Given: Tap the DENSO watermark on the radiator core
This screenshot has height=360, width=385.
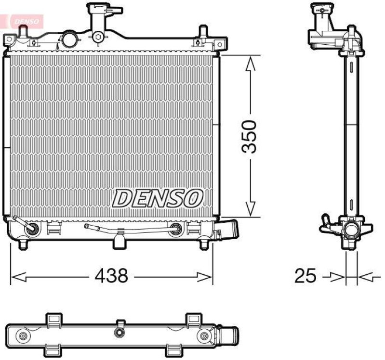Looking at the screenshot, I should pos(158,197).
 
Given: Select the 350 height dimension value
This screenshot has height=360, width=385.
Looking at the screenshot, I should pos(250,137).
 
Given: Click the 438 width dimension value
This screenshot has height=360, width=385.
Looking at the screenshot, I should pos(111,276).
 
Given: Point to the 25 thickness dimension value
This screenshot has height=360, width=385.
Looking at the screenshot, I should pos(305,276).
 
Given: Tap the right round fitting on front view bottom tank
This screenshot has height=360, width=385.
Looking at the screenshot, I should pos(177,229).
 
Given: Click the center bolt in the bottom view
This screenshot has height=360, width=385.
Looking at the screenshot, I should pos(119,333).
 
